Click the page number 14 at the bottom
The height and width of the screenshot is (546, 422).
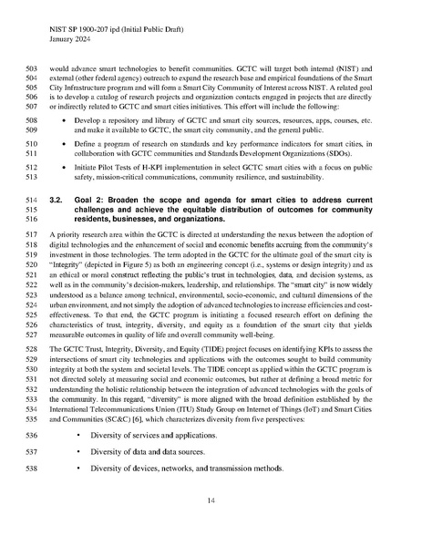click(211, 500)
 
